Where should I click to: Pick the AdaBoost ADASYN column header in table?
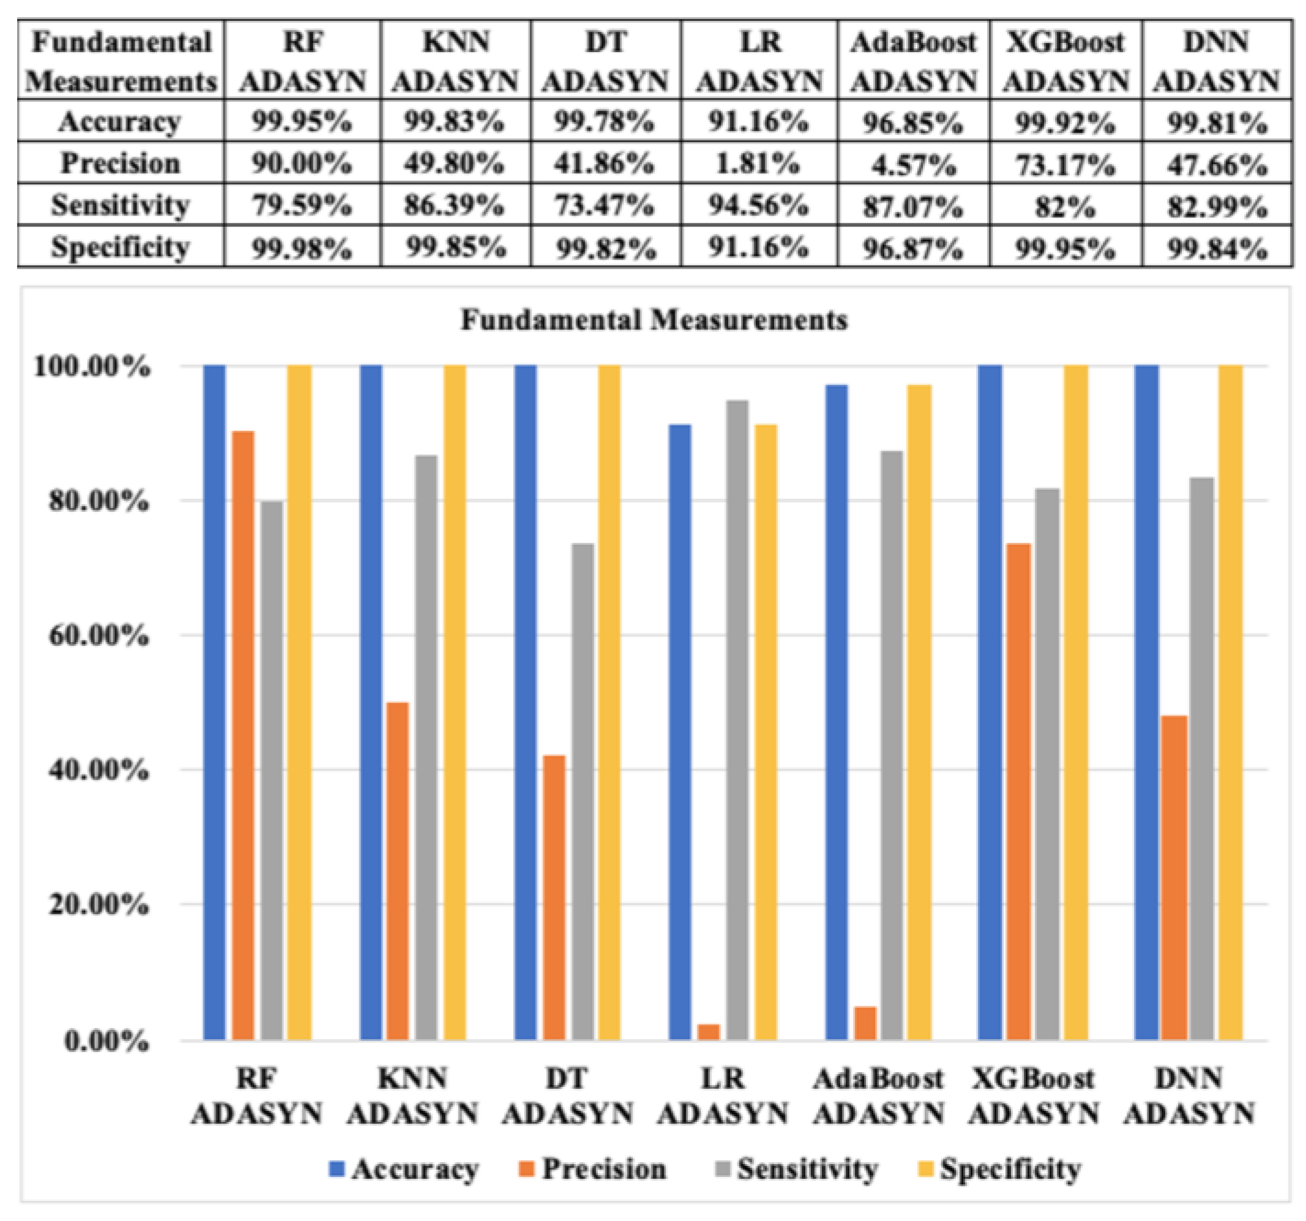pos(913,61)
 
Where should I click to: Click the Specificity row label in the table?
pos(120,248)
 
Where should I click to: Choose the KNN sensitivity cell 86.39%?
pos(454,206)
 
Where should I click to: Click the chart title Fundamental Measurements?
pos(654,321)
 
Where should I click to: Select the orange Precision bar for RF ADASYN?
pos(243,735)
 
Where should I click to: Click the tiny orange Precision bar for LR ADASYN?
pos(709,1032)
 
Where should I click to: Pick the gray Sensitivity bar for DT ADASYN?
pos(583,791)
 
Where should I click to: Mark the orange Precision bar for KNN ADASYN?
pos(397,871)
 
